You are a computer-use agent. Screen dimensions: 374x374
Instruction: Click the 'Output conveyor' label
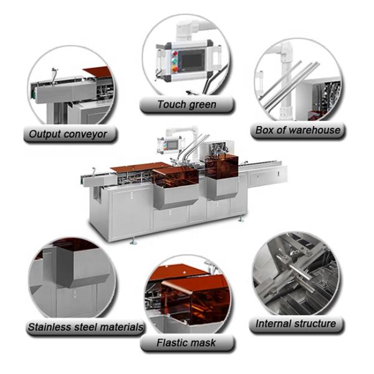tap(68, 134)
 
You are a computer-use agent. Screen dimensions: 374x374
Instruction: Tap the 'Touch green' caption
tap(187, 105)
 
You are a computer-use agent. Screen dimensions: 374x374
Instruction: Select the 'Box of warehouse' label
tap(298, 130)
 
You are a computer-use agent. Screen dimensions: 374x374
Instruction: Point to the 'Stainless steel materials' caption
tap(85, 327)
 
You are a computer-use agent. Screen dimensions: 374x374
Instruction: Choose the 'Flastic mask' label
tap(186, 343)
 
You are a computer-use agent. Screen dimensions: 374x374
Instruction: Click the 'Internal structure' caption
tap(295, 324)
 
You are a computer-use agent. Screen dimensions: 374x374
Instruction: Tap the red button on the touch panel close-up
tap(176, 53)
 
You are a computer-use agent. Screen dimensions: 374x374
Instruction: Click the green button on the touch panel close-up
tap(176, 61)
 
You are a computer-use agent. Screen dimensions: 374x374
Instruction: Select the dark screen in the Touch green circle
tap(192, 60)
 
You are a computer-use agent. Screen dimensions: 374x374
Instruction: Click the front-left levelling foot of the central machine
tap(133, 241)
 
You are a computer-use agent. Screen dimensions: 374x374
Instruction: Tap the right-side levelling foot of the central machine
tap(241, 219)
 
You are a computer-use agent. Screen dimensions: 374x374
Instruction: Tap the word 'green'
tap(202, 105)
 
